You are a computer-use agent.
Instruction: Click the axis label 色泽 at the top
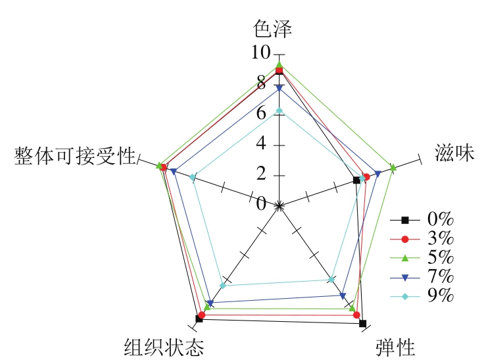pos(272,28)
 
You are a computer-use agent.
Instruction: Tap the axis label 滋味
pos(454,153)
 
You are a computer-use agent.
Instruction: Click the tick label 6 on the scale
pos(261,114)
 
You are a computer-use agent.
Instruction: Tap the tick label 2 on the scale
pos(261,174)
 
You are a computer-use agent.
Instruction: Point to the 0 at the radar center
pos(262,204)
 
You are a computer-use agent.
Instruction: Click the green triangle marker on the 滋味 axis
pos(393,168)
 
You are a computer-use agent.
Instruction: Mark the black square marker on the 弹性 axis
pos(362,323)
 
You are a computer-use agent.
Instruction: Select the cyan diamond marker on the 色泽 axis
pos(279,111)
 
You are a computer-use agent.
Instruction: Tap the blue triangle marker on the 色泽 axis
pos(279,88)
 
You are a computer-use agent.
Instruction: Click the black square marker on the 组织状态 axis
pos(199,319)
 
